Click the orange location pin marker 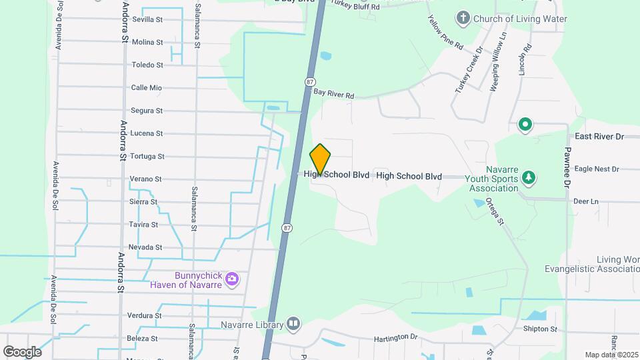click(x=320, y=159)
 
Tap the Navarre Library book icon click(x=293, y=324)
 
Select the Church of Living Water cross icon click(x=463, y=18)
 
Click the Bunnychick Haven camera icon click(x=231, y=278)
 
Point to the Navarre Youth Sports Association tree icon click(x=529, y=177)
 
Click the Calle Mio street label click(x=147, y=87)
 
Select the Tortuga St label click(x=147, y=156)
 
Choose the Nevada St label click(x=145, y=247)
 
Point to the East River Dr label click(x=599, y=136)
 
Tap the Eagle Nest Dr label click(x=597, y=169)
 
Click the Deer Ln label click(x=586, y=201)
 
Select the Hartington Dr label click(x=395, y=338)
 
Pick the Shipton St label click(x=540, y=329)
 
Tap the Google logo click(x=22, y=351)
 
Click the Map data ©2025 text click(x=611, y=355)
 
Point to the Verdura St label click(x=145, y=315)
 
